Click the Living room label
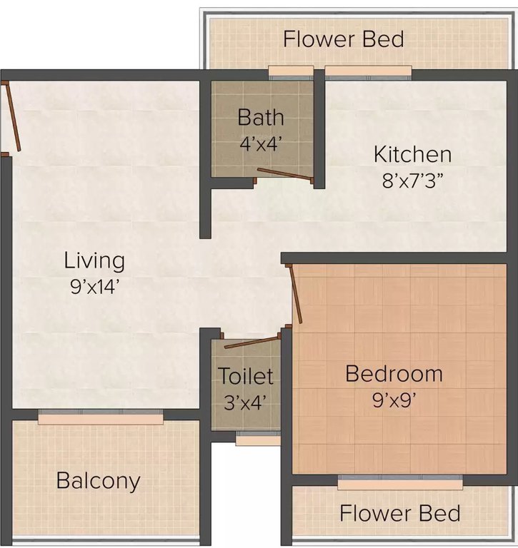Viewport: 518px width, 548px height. [x=94, y=260]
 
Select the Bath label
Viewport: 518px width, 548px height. [x=261, y=117]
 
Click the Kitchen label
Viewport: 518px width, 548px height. [x=412, y=154]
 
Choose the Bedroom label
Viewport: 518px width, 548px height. [x=394, y=374]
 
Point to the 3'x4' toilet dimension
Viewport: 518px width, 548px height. [x=246, y=401]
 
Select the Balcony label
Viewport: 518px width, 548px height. [x=99, y=480]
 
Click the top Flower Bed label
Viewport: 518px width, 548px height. [x=343, y=39]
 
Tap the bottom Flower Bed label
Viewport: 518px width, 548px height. [x=399, y=512]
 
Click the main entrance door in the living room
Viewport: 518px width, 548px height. [x=11, y=117]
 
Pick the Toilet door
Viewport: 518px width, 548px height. [x=251, y=341]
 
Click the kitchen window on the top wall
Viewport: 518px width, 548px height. [x=368, y=71]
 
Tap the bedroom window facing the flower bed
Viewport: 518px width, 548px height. [x=399, y=483]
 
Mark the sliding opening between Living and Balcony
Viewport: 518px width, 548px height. [x=100, y=417]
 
